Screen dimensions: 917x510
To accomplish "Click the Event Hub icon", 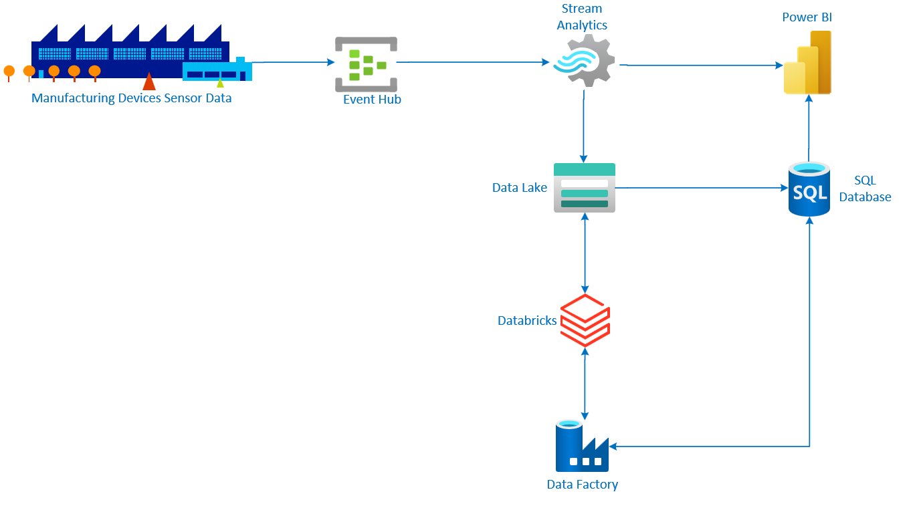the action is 366,64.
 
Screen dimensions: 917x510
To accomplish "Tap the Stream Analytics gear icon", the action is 584,61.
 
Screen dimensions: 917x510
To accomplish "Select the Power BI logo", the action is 807,62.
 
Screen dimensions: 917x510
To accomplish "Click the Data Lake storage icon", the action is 584,188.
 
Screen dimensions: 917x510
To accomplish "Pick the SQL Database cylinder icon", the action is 809,189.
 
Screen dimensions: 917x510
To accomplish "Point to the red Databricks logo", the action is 585,320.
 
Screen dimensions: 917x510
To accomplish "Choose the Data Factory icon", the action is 582,446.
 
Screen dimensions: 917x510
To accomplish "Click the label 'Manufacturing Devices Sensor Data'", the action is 131,98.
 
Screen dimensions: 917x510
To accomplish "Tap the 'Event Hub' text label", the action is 372,100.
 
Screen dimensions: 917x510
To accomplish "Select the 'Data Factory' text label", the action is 582,484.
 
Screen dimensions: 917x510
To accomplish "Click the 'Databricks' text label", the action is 527,321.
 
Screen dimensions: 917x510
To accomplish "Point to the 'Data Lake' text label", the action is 520,187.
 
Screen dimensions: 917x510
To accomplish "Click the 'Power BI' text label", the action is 807,17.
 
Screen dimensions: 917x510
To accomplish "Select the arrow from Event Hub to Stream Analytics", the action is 473,62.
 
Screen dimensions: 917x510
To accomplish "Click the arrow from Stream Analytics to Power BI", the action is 701,65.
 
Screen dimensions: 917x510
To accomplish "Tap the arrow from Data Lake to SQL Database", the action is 702,188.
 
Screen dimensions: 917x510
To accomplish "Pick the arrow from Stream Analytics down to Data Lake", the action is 584,126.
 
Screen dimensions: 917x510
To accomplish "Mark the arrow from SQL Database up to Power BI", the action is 809,128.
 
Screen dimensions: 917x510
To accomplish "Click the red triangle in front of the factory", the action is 149,81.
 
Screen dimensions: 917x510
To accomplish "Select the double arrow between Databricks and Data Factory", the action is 585,384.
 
